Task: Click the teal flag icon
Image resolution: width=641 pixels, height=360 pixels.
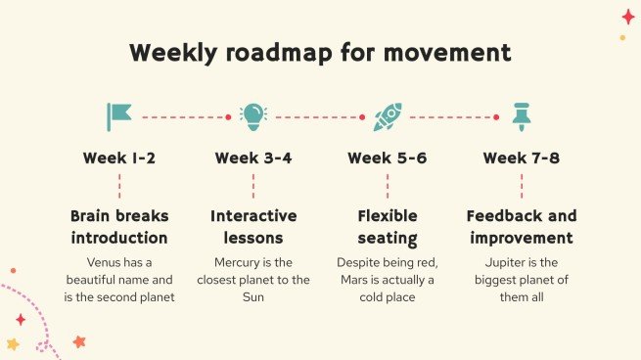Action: coord(119,117)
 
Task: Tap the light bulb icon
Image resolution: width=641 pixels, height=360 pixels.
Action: coord(253,116)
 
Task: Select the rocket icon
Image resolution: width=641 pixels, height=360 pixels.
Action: coord(387,117)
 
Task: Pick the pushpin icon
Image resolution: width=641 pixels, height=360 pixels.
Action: coord(521,117)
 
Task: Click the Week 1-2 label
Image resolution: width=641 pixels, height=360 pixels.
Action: coord(119,158)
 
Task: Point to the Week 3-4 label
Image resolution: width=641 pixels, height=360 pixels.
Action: coord(253,158)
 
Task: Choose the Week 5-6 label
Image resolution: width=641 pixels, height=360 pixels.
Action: coord(387,158)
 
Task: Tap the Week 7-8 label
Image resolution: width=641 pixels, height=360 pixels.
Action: coord(521,158)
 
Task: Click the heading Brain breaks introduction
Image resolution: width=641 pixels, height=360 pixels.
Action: coord(119,227)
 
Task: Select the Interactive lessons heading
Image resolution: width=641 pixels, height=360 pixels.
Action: coord(253,227)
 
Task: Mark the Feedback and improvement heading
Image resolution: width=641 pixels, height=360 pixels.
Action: coord(521,227)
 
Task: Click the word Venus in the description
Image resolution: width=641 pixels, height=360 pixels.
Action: coord(105,262)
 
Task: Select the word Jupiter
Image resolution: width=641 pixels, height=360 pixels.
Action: coord(506,262)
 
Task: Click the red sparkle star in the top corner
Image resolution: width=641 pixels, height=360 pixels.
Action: coord(628,16)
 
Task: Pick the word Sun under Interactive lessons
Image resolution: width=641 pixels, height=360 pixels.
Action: coord(253,297)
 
